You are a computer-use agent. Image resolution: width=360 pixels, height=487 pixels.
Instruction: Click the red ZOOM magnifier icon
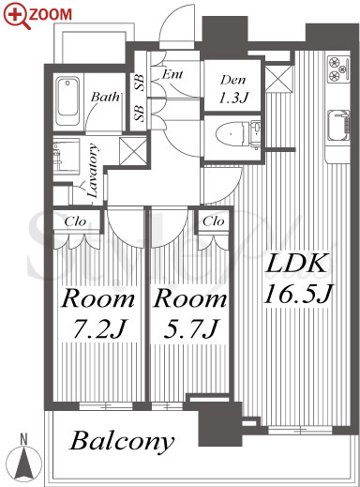click(17, 17)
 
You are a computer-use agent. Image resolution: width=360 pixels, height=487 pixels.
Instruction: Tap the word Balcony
click(122, 441)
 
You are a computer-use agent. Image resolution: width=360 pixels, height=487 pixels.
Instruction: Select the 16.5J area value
click(298, 295)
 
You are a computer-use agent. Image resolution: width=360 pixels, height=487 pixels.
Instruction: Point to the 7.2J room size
click(99, 329)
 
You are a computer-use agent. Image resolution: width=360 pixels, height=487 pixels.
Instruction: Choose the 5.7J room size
click(190, 329)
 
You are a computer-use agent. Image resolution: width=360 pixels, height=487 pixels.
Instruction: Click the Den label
click(232, 80)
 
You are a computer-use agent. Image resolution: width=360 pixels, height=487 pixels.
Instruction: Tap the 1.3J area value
click(233, 98)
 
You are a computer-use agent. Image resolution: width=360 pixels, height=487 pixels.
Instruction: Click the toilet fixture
click(238, 134)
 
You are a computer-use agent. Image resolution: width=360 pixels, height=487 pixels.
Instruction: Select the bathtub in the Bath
click(67, 101)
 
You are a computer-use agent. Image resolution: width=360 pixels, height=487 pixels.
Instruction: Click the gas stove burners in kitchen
click(338, 68)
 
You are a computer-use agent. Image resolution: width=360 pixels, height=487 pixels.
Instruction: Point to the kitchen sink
click(338, 126)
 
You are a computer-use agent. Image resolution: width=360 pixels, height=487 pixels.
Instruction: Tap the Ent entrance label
click(172, 74)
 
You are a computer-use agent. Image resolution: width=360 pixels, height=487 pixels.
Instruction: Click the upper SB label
click(140, 83)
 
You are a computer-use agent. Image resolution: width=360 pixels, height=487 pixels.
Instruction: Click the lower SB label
click(140, 113)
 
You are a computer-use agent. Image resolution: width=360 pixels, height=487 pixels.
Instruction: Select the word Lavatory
click(93, 171)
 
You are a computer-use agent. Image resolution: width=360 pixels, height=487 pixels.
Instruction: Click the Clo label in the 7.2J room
click(75, 221)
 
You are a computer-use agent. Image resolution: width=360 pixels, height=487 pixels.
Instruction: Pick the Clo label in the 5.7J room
click(214, 221)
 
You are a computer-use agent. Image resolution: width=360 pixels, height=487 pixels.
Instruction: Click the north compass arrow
click(23, 462)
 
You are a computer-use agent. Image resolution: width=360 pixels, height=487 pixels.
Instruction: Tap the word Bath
click(105, 97)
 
